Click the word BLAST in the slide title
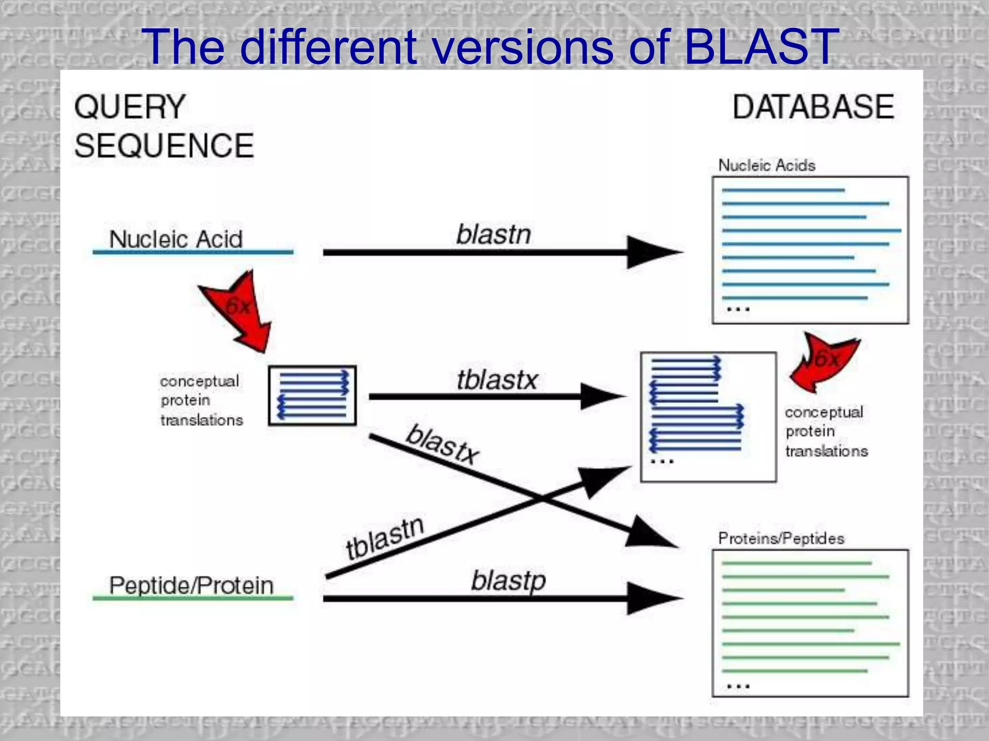[x=761, y=47]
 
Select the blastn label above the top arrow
[x=494, y=235]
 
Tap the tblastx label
[x=497, y=380]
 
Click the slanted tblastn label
[x=385, y=538]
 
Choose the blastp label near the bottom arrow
[x=508, y=581]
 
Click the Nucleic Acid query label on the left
[x=176, y=239]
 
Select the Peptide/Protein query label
[x=191, y=586]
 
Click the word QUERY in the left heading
[x=130, y=107]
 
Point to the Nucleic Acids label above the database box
[x=767, y=165]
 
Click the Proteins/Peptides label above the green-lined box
[x=781, y=538]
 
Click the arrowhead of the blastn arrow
[x=652, y=252]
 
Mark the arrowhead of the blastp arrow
[x=652, y=598]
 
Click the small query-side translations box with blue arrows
[x=312, y=396]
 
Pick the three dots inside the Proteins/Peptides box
[x=738, y=686]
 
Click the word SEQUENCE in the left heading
[x=164, y=146]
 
